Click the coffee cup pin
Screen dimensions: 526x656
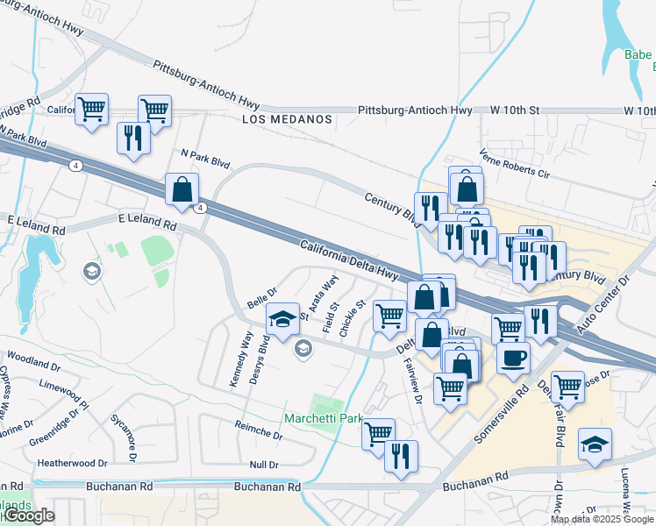click(513, 358)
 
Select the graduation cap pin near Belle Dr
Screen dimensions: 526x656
click(282, 321)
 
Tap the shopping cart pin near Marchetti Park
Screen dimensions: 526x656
click(378, 433)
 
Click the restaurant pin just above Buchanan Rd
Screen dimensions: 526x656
click(402, 456)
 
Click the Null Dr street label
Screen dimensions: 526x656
click(263, 465)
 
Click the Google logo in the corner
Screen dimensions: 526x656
click(28, 516)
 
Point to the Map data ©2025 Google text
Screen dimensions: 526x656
click(602, 519)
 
